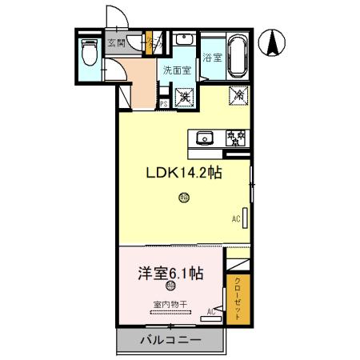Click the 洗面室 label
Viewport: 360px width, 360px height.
click(176, 70)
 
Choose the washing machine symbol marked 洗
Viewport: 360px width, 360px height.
click(185, 98)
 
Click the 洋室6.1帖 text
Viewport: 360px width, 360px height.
click(169, 272)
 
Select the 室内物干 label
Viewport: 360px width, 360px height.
click(170, 304)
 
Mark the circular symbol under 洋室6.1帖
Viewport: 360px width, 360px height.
click(170, 286)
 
